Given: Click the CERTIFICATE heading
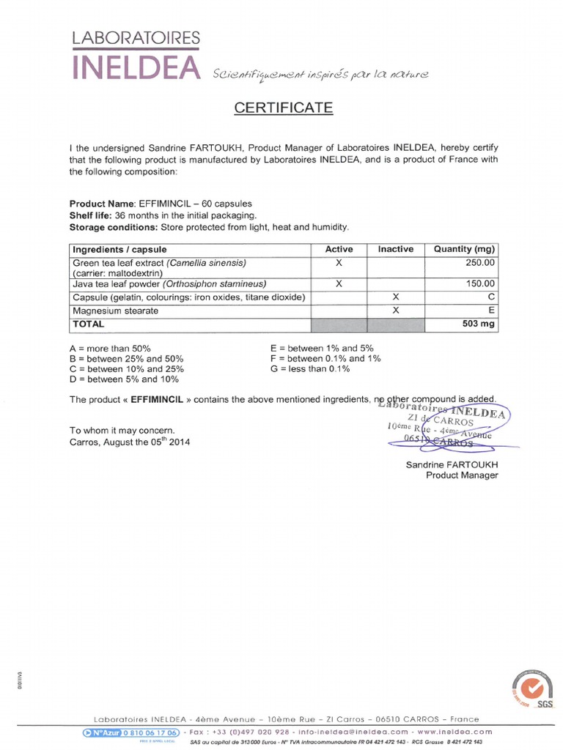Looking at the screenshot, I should pos(283,108).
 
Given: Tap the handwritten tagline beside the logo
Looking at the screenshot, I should pos(320,74).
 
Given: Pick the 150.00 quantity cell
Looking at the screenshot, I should pos(480,283).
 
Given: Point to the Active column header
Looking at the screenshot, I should pos(339,250).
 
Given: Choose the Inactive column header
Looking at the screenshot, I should pos(395,250).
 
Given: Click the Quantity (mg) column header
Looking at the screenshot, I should pos(464,250).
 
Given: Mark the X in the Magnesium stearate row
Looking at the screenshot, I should pos(395,311).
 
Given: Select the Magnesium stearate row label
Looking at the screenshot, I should pos(115,311).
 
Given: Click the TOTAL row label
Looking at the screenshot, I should pos(89,324).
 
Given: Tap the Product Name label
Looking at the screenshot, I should pos(102,203).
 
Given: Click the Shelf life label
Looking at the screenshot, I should pos(90,215).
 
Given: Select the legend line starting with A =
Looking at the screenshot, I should pos(110,349).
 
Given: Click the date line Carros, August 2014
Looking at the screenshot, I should pos(130,442).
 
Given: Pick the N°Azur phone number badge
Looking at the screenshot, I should pos(130,732).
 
